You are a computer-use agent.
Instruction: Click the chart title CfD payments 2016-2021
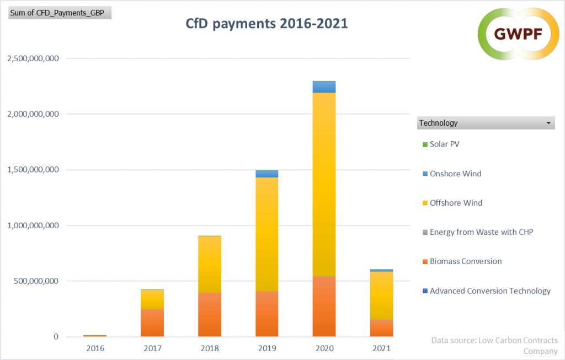click(266, 24)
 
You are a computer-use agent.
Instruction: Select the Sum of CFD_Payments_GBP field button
click(60, 12)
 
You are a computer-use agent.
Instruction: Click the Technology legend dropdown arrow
click(548, 123)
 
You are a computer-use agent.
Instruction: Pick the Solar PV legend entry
click(444, 144)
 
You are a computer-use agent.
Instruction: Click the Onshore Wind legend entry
click(455, 174)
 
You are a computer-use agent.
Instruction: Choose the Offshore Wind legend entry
click(456, 203)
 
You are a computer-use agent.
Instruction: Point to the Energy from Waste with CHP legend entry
click(481, 232)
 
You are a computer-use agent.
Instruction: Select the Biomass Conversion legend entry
click(465, 261)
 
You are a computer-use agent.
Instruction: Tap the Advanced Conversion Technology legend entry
click(489, 291)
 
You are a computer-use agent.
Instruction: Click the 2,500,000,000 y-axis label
click(33, 58)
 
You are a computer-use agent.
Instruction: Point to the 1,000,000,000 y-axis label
click(33, 225)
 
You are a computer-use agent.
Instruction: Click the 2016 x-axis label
click(95, 348)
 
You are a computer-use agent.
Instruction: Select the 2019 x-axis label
click(267, 348)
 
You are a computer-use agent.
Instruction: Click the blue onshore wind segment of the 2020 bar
click(324, 87)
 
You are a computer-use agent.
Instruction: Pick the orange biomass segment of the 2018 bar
click(210, 314)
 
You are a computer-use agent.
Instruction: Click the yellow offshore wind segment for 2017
click(152, 299)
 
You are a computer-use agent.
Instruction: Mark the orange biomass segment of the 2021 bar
click(381, 328)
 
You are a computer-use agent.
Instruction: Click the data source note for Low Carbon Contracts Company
click(494, 346)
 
